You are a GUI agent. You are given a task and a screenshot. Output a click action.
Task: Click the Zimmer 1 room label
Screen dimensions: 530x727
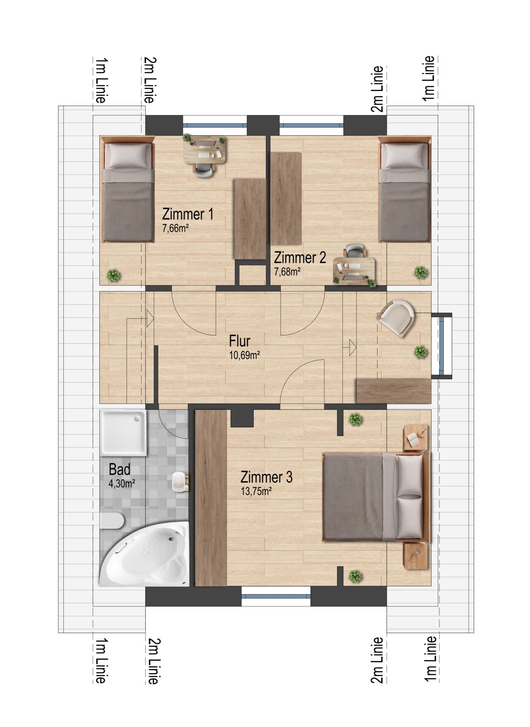click(188, 214)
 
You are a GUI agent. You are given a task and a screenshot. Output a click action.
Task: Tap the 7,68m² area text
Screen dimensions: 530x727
click(287, 272)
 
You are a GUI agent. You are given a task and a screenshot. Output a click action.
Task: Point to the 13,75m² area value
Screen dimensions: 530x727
click(256, 491)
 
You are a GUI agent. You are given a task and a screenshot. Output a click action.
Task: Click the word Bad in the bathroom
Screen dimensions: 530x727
click(120, 469)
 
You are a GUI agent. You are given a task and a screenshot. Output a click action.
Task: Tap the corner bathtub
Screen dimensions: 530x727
click(144, 554)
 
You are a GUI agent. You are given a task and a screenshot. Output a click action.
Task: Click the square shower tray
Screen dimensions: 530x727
click(123, 433)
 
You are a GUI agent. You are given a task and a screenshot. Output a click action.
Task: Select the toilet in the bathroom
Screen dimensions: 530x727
click(111, 521)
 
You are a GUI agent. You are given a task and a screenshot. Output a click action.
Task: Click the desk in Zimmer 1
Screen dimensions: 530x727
click(206, 149)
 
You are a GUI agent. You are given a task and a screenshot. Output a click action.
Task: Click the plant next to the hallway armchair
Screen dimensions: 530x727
click(420, 352)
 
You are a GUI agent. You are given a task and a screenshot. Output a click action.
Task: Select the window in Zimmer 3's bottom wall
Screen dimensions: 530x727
click(276, 596)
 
